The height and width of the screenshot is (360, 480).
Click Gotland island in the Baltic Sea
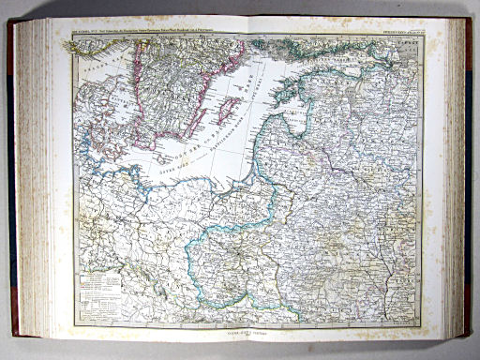(x=225, y=111)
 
